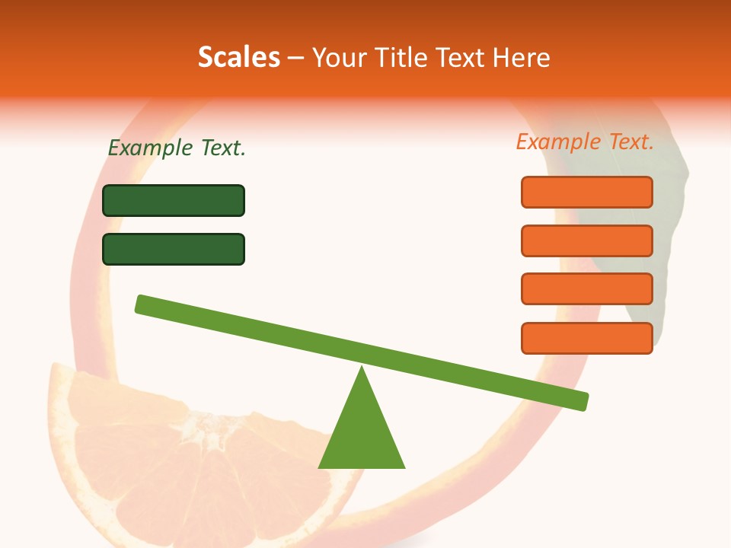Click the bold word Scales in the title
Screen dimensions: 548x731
coord(239,57)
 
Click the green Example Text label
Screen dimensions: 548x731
coord(177,148)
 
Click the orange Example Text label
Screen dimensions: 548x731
coord(585,142)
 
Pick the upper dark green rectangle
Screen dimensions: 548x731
coord(174,200)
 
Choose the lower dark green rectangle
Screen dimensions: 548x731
coord(174,249)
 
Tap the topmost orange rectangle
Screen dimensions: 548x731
coord(586,192)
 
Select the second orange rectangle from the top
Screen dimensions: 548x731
coord(586,241)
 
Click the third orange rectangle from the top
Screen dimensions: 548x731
coord(586,288)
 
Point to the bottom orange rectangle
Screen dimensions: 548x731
coord(586,338)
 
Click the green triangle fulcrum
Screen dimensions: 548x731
coord(362,434)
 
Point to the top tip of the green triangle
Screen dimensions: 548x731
coord(362,369)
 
